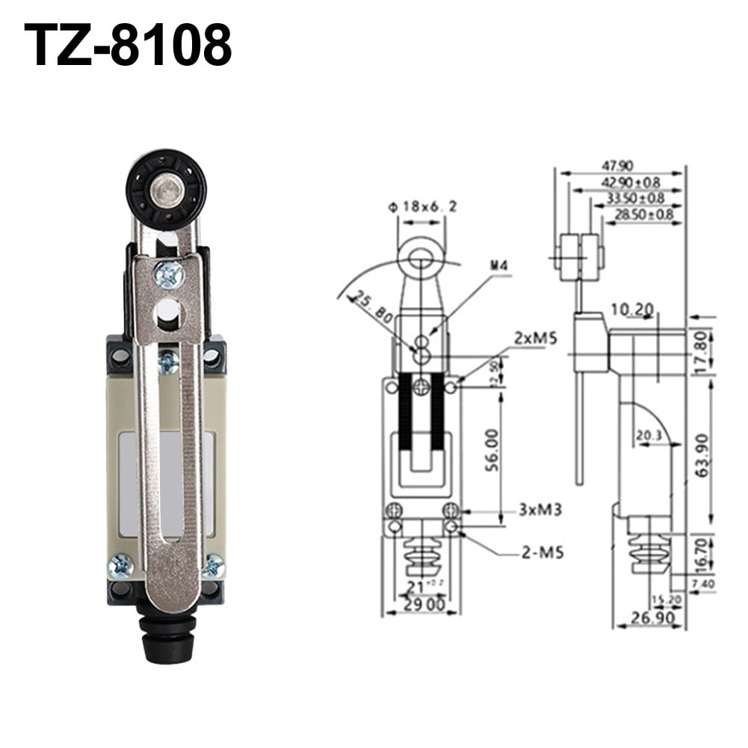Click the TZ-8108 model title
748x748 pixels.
coord(128,44)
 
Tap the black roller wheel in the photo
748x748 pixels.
coord(166,188)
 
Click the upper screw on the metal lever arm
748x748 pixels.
coord(169,275)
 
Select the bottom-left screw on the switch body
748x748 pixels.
coord(120,566)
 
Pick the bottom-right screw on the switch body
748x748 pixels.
coord(213,566)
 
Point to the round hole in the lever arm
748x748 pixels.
coord(169,312)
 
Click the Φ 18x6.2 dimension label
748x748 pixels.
coord(421,206)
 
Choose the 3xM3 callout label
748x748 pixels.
coord(540,510)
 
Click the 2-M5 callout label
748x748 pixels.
coord(543,553)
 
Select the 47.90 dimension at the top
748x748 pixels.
coord(619,165)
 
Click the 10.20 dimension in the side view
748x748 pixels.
coord(632,309)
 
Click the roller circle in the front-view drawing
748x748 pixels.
coord(421,257)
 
